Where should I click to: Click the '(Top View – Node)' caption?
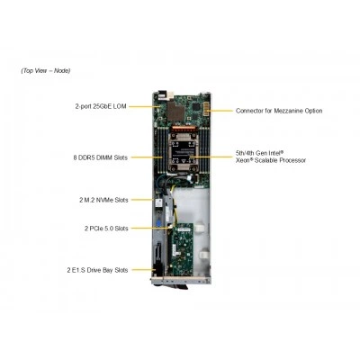tap(46, 71)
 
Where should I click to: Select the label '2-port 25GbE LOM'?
tap(101, 106)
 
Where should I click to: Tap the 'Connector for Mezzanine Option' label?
tap(279, 111)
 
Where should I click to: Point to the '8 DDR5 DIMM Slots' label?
tap(100, 157)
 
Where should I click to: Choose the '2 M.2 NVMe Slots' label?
tap(103, 200)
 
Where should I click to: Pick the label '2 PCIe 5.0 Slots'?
tap(106, 229)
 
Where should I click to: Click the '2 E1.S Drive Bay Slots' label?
tap(97, 270)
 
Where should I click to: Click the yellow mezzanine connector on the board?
tap(207, 109)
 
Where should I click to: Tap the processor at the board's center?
tap(181, 152)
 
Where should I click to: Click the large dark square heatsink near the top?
tap(176, 112)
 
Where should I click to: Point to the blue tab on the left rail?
tap(157, 224)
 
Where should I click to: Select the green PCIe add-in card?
tap(180, 248)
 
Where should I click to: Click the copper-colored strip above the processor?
tap(181, 129)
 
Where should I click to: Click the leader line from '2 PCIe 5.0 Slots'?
tap(151, 228)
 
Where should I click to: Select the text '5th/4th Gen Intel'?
tap(259, 153)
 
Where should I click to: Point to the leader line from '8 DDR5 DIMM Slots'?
tap(147, 157)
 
